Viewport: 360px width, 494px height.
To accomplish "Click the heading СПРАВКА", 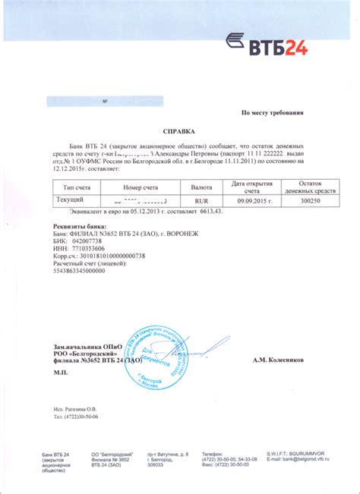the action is [179, 131].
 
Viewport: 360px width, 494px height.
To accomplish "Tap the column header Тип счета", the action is [76, 185].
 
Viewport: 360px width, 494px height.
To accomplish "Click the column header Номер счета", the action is [141, 185].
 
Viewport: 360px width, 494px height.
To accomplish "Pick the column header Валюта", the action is [201, 185].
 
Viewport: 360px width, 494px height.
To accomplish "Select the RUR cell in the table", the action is [201, 200].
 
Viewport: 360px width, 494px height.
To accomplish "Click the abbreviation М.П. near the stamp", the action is [61, 375].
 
